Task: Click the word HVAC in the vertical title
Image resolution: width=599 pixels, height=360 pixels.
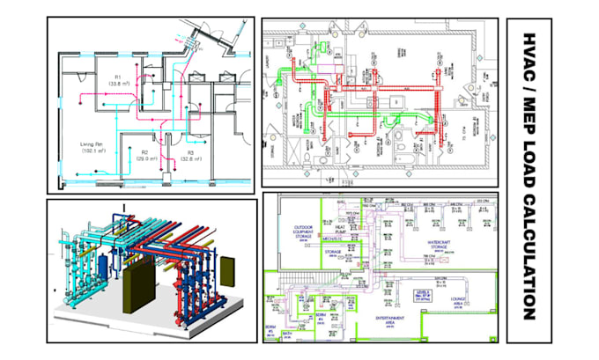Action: pyautogui.click(x=529, y=55)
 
